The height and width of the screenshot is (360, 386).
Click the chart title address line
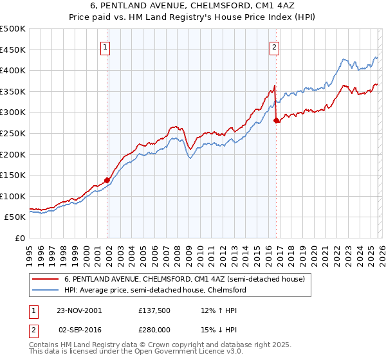(193, 6)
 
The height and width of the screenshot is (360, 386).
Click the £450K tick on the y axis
(13, 50)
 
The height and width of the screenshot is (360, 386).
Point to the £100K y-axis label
(13, 196)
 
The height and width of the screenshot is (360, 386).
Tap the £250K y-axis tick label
(13, 133)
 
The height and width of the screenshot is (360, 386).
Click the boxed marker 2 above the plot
(275, 46)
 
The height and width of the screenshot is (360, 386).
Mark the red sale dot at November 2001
(107, 181)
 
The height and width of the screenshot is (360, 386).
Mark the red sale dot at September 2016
(276, 120)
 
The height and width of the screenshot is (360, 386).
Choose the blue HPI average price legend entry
(155, 290)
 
